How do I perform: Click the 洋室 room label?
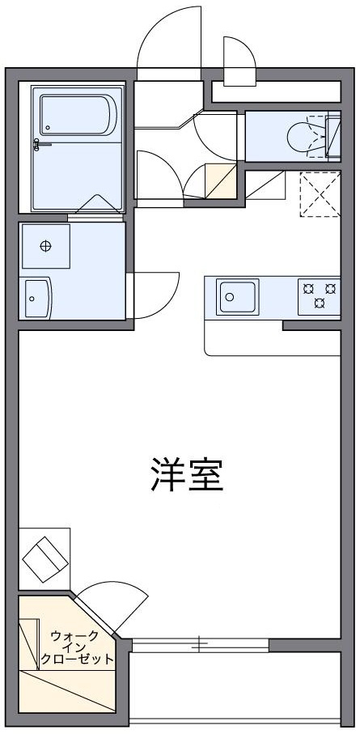tap(186, 476)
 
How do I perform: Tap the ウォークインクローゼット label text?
tap(74, 647)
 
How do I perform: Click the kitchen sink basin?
tap(236, 297)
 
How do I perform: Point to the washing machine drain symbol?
tap(45, 246)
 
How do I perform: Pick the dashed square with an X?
tap(320, 195)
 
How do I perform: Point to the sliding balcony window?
tap(199, 645)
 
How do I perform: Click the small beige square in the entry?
tap(220, 180)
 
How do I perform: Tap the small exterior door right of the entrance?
tap(238, 60)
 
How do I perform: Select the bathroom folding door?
tap(96, 207)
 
